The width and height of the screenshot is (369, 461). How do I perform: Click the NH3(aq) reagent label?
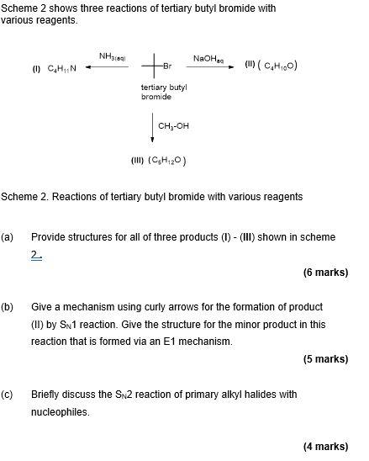(x=112, y=57)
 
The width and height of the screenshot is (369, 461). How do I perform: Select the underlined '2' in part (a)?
(x=35, y=254)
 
